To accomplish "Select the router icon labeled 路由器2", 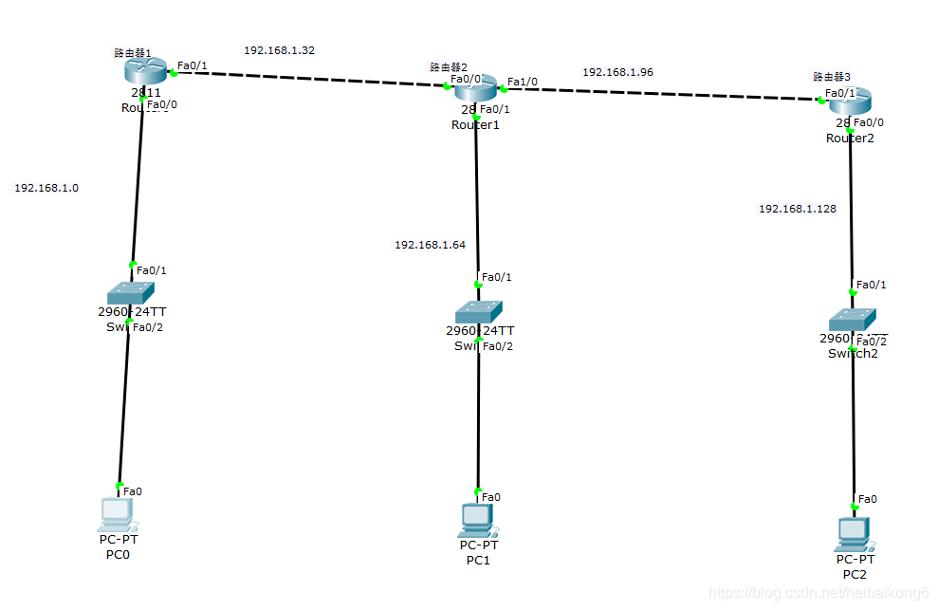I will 475,89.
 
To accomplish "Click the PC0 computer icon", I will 117,513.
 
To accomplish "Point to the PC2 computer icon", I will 854,534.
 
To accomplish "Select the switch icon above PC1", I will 479,311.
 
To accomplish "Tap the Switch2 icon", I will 852,319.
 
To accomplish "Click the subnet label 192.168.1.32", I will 279,50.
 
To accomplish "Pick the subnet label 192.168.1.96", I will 617,72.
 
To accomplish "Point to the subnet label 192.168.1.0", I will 46,188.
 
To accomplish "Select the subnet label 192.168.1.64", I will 430,245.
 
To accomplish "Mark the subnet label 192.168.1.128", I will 798,209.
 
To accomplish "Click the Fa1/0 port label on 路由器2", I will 523,82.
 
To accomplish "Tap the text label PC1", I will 478,560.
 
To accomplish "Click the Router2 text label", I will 850,138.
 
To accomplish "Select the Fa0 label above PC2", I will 867,498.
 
